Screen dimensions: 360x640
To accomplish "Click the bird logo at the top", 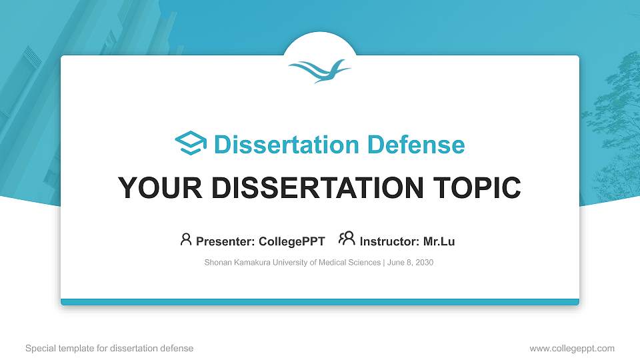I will click(319, 69).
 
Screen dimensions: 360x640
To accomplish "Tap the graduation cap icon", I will click(191, 144).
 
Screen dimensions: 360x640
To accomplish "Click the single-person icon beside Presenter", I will click(186, 239).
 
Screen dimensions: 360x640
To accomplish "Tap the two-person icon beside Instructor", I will click(347, 239).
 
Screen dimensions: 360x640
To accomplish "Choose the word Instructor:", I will click(389, 241).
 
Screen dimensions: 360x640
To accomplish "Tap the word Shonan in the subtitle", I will click(217, 263).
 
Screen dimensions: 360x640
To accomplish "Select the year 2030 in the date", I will click(423, 263).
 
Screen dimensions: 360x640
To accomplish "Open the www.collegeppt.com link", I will click(572, 348).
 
